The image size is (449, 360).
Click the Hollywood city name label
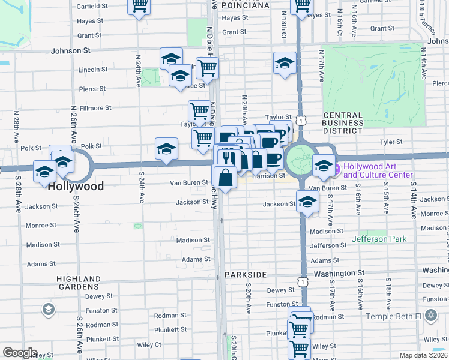pyautogui.click(x=76, y=186)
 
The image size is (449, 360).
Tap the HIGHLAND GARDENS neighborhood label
pyautogui.click(x=79, y=283)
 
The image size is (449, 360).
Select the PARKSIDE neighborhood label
pyautogui.click(x=245, y=274)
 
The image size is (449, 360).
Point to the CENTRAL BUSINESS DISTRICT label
pyautogui.click(x=343, y=123)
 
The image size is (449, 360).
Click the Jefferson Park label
pyautogui.click(x=379, y=239)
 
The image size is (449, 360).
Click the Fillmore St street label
pyautogui.click(x=96, y=108)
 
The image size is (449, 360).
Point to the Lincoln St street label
pyautogui.click(x=92, y=70)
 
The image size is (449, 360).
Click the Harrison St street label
pyautogui.click(x=268, y=175)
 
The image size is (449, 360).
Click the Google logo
pyautogui.click(x=20, y=353)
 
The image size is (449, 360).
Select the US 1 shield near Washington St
pyautogui.click(x=304, y=281)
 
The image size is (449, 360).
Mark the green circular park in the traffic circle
pyautogui.click(x=298, y=159)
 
